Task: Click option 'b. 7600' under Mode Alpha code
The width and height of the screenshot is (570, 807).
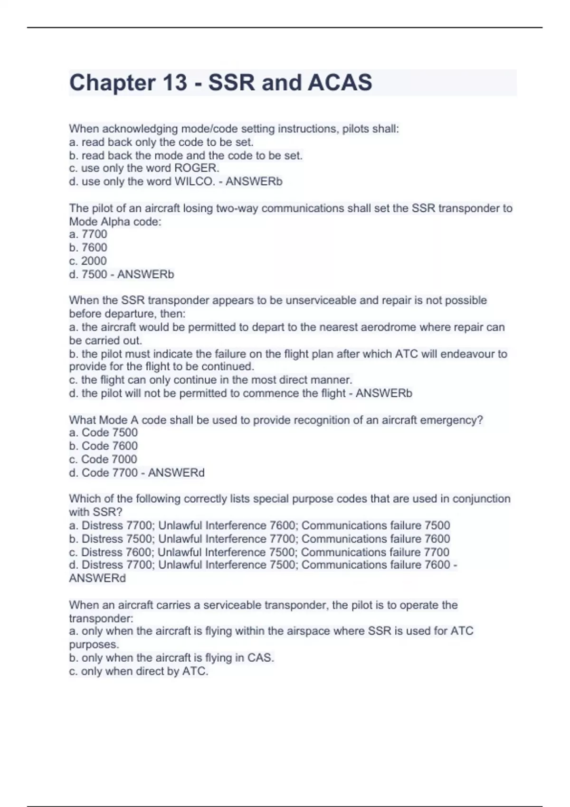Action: (88, 247)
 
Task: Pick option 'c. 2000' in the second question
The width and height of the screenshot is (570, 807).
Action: (88, 261)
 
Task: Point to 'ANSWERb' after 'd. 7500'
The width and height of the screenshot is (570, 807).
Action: (146, 274)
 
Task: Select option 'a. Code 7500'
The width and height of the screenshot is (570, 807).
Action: (104, 432)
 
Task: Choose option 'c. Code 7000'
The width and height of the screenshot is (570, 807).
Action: (103, 459)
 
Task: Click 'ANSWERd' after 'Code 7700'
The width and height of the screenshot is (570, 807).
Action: (176, 473)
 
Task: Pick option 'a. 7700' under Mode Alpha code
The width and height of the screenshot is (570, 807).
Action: (88, 234)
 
